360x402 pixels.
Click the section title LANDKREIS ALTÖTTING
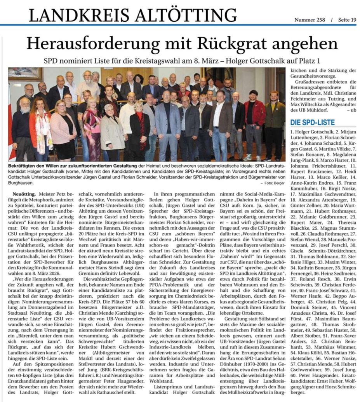[132, 15]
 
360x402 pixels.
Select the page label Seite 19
[346, 20]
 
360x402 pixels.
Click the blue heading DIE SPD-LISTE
[312, 123]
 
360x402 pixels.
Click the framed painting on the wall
[26, 74]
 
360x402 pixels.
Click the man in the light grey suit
[167, 124]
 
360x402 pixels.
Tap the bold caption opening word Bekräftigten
[26, 165]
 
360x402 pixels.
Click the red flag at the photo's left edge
[10, 128]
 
